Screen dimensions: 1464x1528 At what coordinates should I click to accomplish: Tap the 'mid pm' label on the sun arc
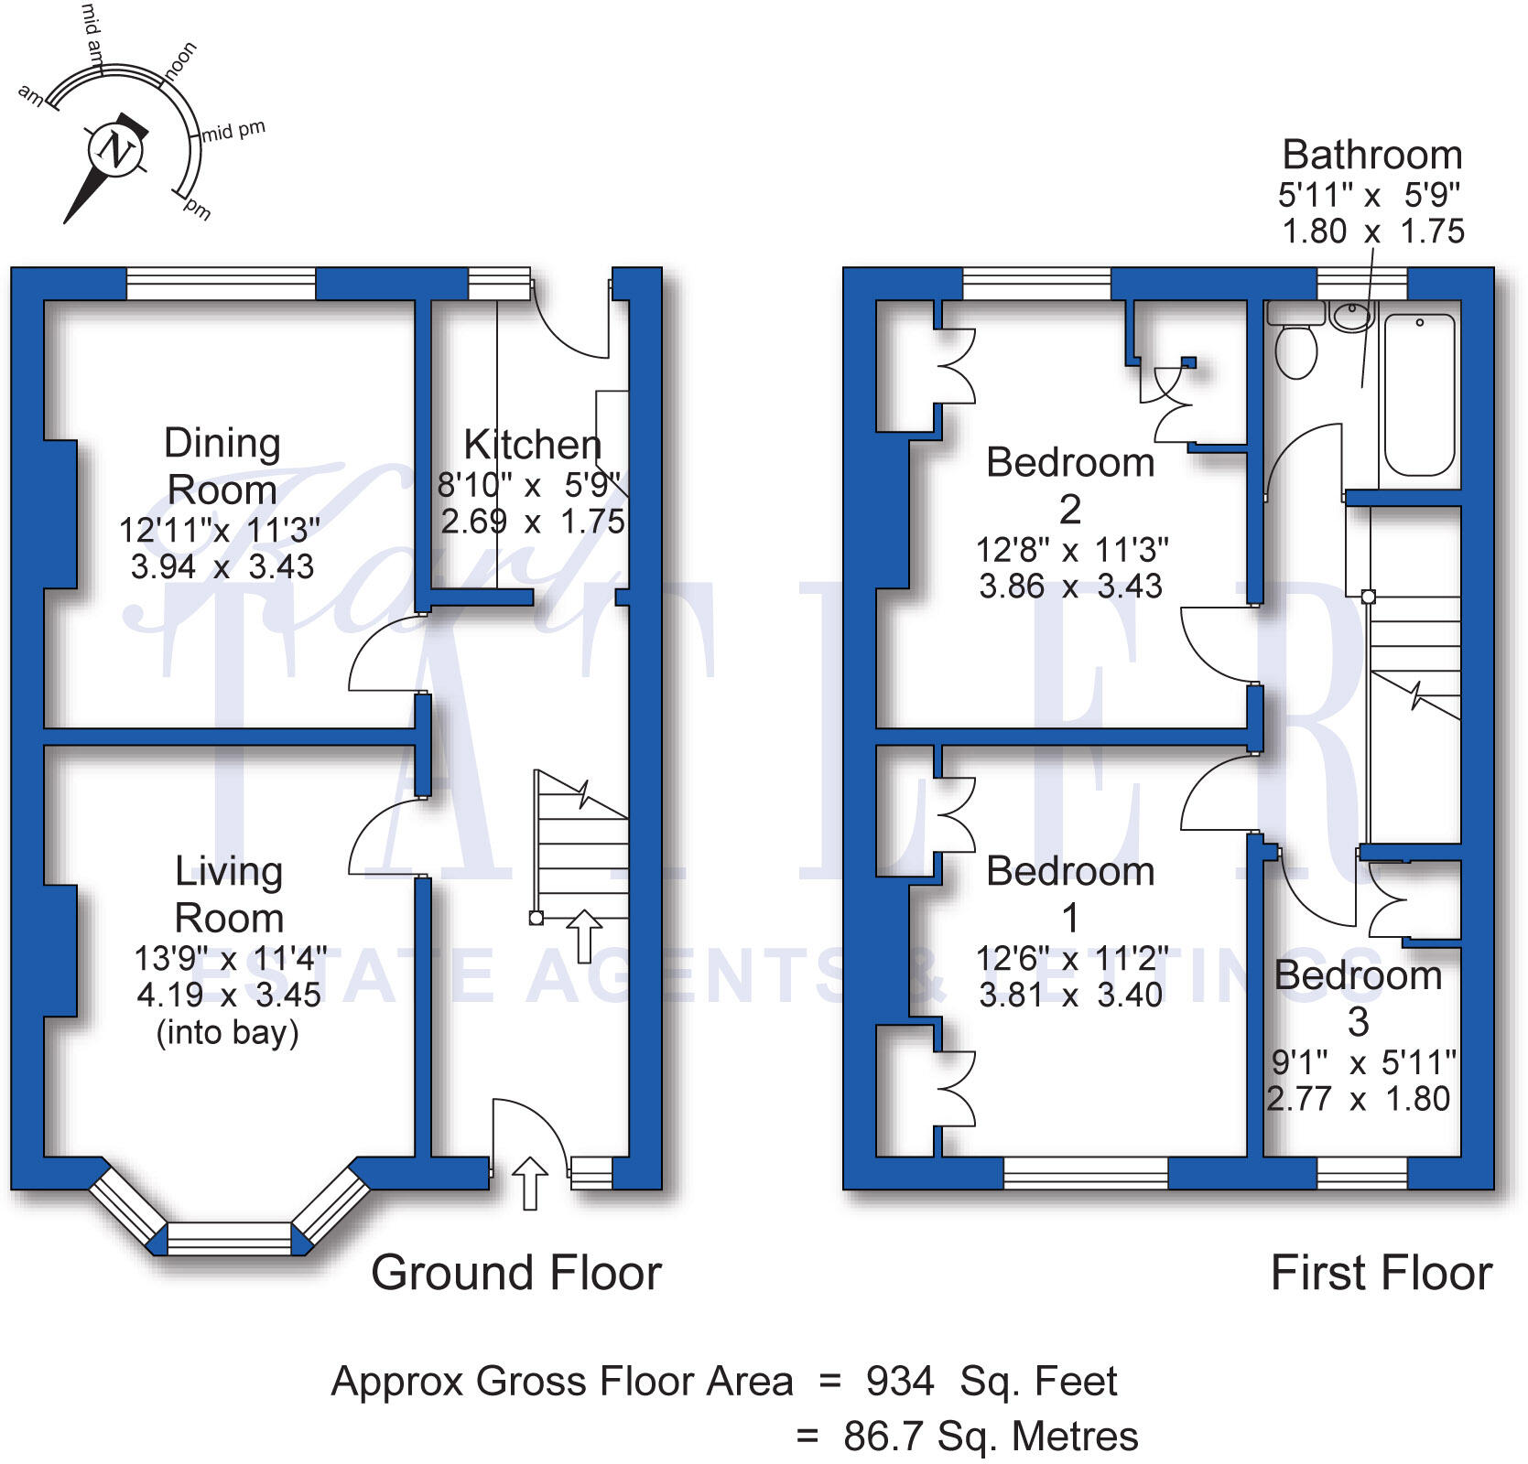coord(234,131)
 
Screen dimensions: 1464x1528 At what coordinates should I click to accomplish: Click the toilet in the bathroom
coord(1295,349)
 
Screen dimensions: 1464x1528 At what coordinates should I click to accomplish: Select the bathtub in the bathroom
coord(1418,394)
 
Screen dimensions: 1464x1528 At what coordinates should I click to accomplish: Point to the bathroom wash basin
coord(1352,317)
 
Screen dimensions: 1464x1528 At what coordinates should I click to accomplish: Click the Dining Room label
coord(222,466)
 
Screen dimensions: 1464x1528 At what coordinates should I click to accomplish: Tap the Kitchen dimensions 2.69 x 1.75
coord(532,522)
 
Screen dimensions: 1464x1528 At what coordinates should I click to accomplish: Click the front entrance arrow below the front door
coord(529,1182)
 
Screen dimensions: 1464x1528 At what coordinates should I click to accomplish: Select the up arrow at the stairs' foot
coord(583,935)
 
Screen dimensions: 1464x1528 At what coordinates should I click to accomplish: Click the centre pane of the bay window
coord(229,1238)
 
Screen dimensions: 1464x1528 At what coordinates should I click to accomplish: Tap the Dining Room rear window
coord(221,284)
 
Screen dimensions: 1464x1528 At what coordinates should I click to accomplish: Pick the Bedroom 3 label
coord(1358,997)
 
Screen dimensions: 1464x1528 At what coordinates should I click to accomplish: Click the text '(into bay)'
coord(228,1033)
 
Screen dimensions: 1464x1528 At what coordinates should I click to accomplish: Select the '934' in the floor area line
coord(900,1382)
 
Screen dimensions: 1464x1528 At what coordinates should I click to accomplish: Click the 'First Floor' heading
coord(1381,1273)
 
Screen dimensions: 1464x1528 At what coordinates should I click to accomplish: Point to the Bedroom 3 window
coord(1361,1172)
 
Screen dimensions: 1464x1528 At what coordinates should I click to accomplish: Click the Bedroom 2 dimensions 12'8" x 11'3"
coord(1071,550)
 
